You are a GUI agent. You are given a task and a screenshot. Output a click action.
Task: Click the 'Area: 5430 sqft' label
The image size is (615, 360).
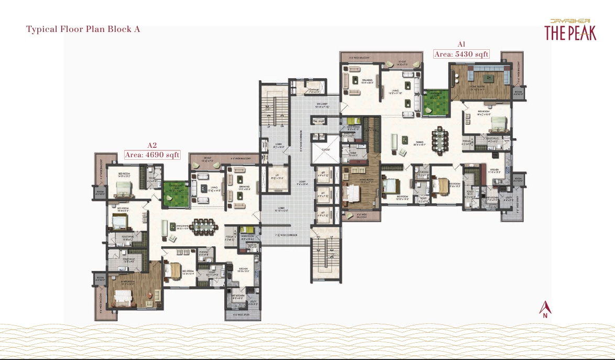(x=461, y=54)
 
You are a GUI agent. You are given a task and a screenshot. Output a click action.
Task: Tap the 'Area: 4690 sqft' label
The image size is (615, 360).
(x=152, y=155)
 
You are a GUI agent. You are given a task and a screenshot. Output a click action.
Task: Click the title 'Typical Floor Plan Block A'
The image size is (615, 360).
(x=83, y=29)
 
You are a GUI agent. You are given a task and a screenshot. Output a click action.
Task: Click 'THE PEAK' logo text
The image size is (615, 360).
(x=570, y=33)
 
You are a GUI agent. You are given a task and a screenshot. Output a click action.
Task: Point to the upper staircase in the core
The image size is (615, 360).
(x=273, y=111)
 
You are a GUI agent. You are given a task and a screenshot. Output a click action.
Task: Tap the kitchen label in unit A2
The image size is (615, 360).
(x=243, y=271)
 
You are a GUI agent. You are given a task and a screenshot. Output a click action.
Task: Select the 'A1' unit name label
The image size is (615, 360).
(x=461, y=45)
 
